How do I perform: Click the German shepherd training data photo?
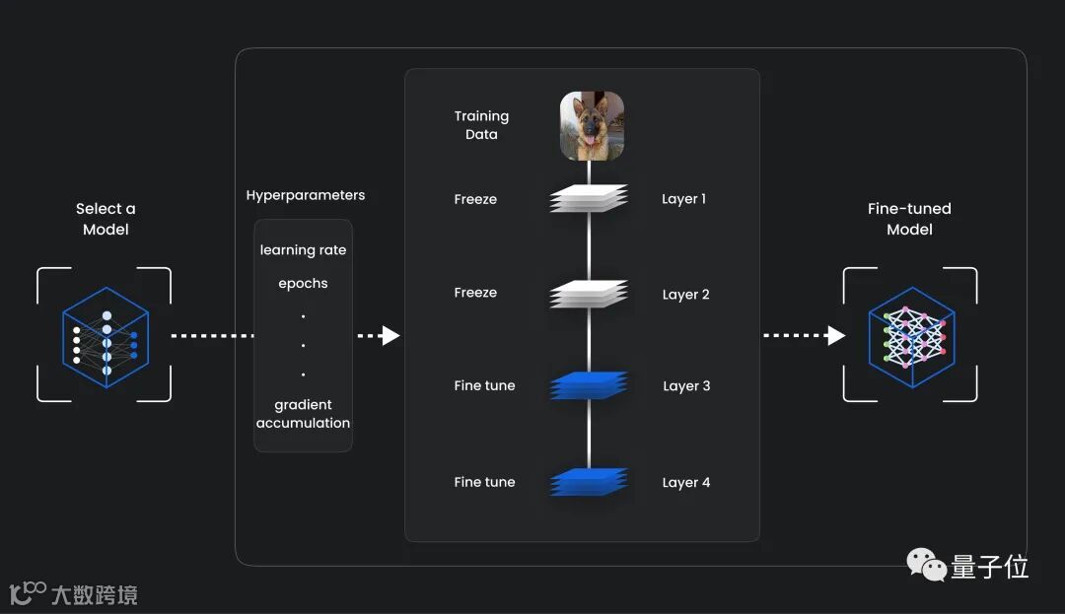592,126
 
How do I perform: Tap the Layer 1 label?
683,199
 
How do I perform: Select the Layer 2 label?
685,295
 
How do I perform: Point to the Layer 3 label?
686,386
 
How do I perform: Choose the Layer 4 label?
685,483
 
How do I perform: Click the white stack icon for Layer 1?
589,199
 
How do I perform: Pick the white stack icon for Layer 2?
589,294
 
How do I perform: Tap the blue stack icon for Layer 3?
589,385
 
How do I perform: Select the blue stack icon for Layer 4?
589,482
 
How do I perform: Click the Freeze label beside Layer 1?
475,199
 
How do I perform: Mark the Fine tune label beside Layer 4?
484,483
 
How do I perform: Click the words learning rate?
303,250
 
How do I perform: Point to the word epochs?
303,284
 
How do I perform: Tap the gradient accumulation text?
303,414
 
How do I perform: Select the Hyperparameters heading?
305,195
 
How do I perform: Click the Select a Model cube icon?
105,336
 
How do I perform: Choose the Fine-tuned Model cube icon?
910,336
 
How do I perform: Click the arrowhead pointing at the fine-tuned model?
836,336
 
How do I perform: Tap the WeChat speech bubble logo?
926,565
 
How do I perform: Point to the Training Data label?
481,125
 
